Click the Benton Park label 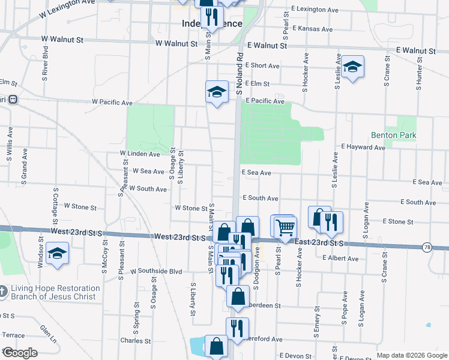coord(393,136)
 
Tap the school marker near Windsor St coord(57,253)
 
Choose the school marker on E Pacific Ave coord(217,92)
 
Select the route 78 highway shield coord(427,247)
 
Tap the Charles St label coord(135,341)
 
